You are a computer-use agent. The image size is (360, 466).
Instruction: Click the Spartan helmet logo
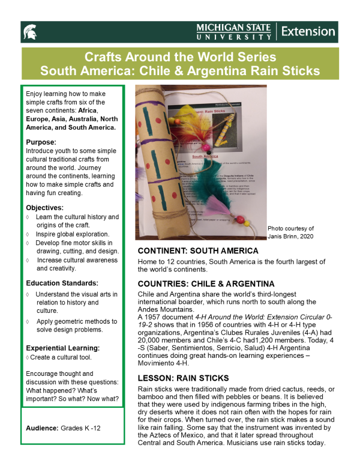(29, 31)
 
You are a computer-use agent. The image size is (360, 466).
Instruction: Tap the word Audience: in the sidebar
(43, 428)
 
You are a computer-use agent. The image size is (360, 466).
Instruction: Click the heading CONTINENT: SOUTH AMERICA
(198, 250)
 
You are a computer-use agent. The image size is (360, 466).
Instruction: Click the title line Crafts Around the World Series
(180, 58)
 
